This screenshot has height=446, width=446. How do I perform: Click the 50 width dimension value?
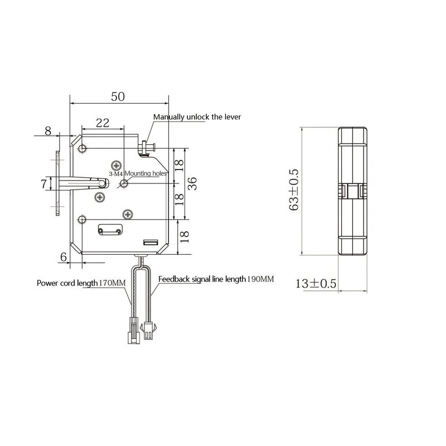[x=118, y=96]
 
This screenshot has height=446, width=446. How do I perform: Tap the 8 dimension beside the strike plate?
[x=48, y=132]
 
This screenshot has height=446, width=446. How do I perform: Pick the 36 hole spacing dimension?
[x=192, y=183]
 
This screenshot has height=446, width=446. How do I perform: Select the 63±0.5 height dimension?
[x=294, y=190]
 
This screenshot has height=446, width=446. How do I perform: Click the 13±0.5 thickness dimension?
[x=316, y=283]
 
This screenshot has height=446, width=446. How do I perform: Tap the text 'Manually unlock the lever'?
[x=198, y=117]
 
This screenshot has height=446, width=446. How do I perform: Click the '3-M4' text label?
[x=117, y=174]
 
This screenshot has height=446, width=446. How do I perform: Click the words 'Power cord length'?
[x=67, y=283]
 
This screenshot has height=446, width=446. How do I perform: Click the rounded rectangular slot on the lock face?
[x=111, y=229]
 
